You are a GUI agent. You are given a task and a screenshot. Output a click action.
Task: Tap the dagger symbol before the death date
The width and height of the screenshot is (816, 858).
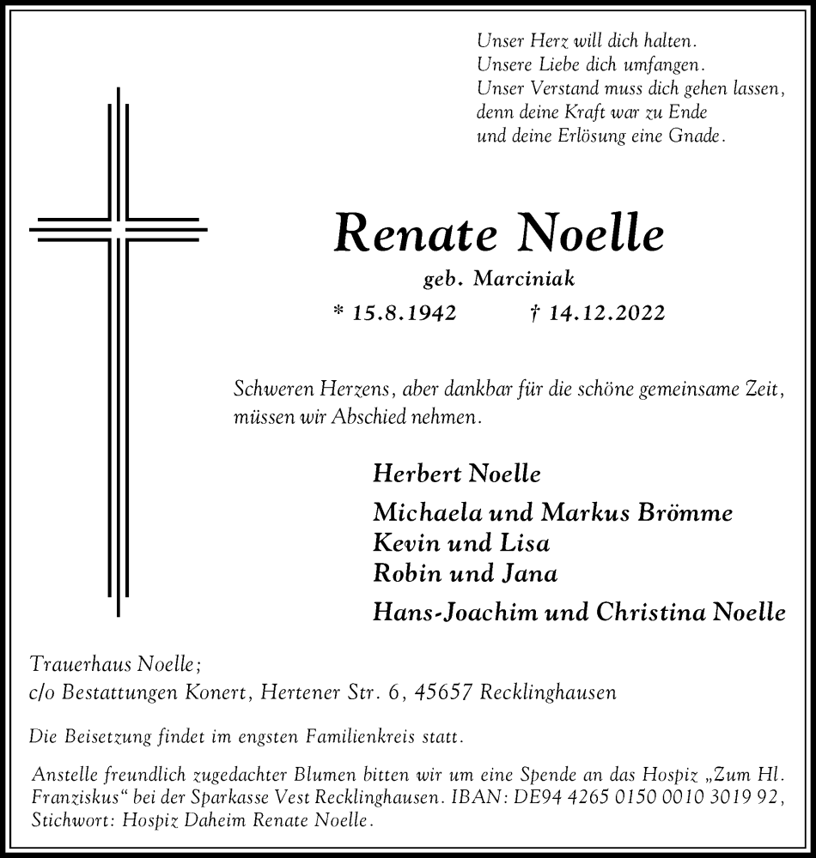point(535,313)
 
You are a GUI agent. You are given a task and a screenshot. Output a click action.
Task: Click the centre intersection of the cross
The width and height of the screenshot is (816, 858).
point(119,230)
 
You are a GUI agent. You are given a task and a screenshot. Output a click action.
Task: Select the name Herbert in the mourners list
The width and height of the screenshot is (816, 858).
point(411,474)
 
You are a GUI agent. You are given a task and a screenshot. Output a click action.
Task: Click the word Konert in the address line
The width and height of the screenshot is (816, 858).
point(217,692)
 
